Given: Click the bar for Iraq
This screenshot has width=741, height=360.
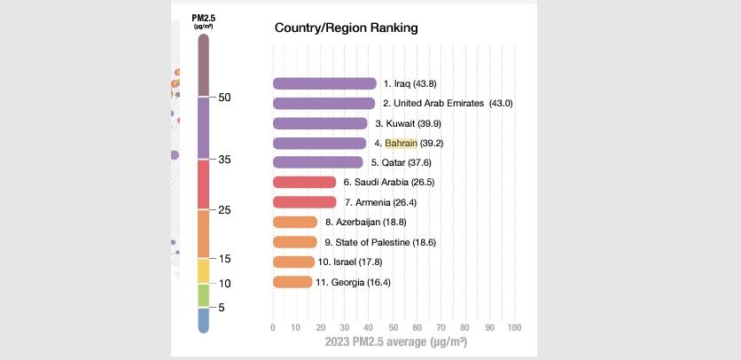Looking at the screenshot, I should [324, 83].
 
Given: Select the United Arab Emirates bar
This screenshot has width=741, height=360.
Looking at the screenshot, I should [324, 103].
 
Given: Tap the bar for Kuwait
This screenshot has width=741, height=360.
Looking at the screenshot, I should [320, 123].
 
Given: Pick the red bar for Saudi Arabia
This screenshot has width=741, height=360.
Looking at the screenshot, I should [304, 182].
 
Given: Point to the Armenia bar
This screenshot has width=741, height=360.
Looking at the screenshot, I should [304, 202].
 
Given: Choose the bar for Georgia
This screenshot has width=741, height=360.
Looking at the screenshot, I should [292, 282].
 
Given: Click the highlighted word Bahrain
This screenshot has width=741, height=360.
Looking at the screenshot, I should [401, 143].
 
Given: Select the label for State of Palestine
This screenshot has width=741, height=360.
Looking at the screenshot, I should [380, 242].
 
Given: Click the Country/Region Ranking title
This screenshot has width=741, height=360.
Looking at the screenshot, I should [346, 28].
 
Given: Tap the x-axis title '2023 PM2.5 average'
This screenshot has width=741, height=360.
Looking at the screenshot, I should [395, 341].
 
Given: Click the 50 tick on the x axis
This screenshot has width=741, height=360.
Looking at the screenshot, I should [393, 327].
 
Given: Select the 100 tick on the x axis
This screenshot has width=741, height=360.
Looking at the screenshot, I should [513, 327].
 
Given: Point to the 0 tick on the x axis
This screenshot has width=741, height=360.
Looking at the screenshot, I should [273, 327].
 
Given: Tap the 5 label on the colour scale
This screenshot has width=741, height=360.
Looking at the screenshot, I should [221, 308].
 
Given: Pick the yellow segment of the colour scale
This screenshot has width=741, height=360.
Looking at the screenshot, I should [203, 270].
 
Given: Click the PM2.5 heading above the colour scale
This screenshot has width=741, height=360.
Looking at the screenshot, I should [204, 18].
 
